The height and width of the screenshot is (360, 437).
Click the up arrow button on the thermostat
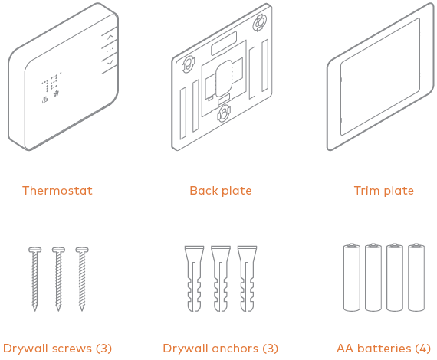(110, 37)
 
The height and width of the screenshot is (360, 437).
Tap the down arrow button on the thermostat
(110, 62)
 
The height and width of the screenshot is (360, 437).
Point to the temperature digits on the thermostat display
(51, 83)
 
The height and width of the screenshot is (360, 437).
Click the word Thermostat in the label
(58, 191)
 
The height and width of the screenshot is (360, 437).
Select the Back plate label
(221, 191)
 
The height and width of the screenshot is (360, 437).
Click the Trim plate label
(384, 191)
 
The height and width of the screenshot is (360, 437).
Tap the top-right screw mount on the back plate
(259, 23)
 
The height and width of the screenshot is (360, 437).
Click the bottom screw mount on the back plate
(224, 113)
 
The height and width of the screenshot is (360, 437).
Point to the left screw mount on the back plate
(188, 65)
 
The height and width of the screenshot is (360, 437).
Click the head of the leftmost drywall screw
(34, 250)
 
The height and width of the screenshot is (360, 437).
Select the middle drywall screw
(58, 279)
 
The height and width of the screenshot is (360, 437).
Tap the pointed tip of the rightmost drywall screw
(82, 310)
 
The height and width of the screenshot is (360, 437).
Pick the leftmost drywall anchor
(194, 278)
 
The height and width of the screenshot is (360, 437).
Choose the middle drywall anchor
(221, 278)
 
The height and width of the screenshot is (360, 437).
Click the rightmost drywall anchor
(247, 278)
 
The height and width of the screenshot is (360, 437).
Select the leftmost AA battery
(352, 277)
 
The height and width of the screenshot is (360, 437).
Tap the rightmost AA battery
(416, 277)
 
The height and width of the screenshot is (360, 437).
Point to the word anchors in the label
(235, 349)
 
